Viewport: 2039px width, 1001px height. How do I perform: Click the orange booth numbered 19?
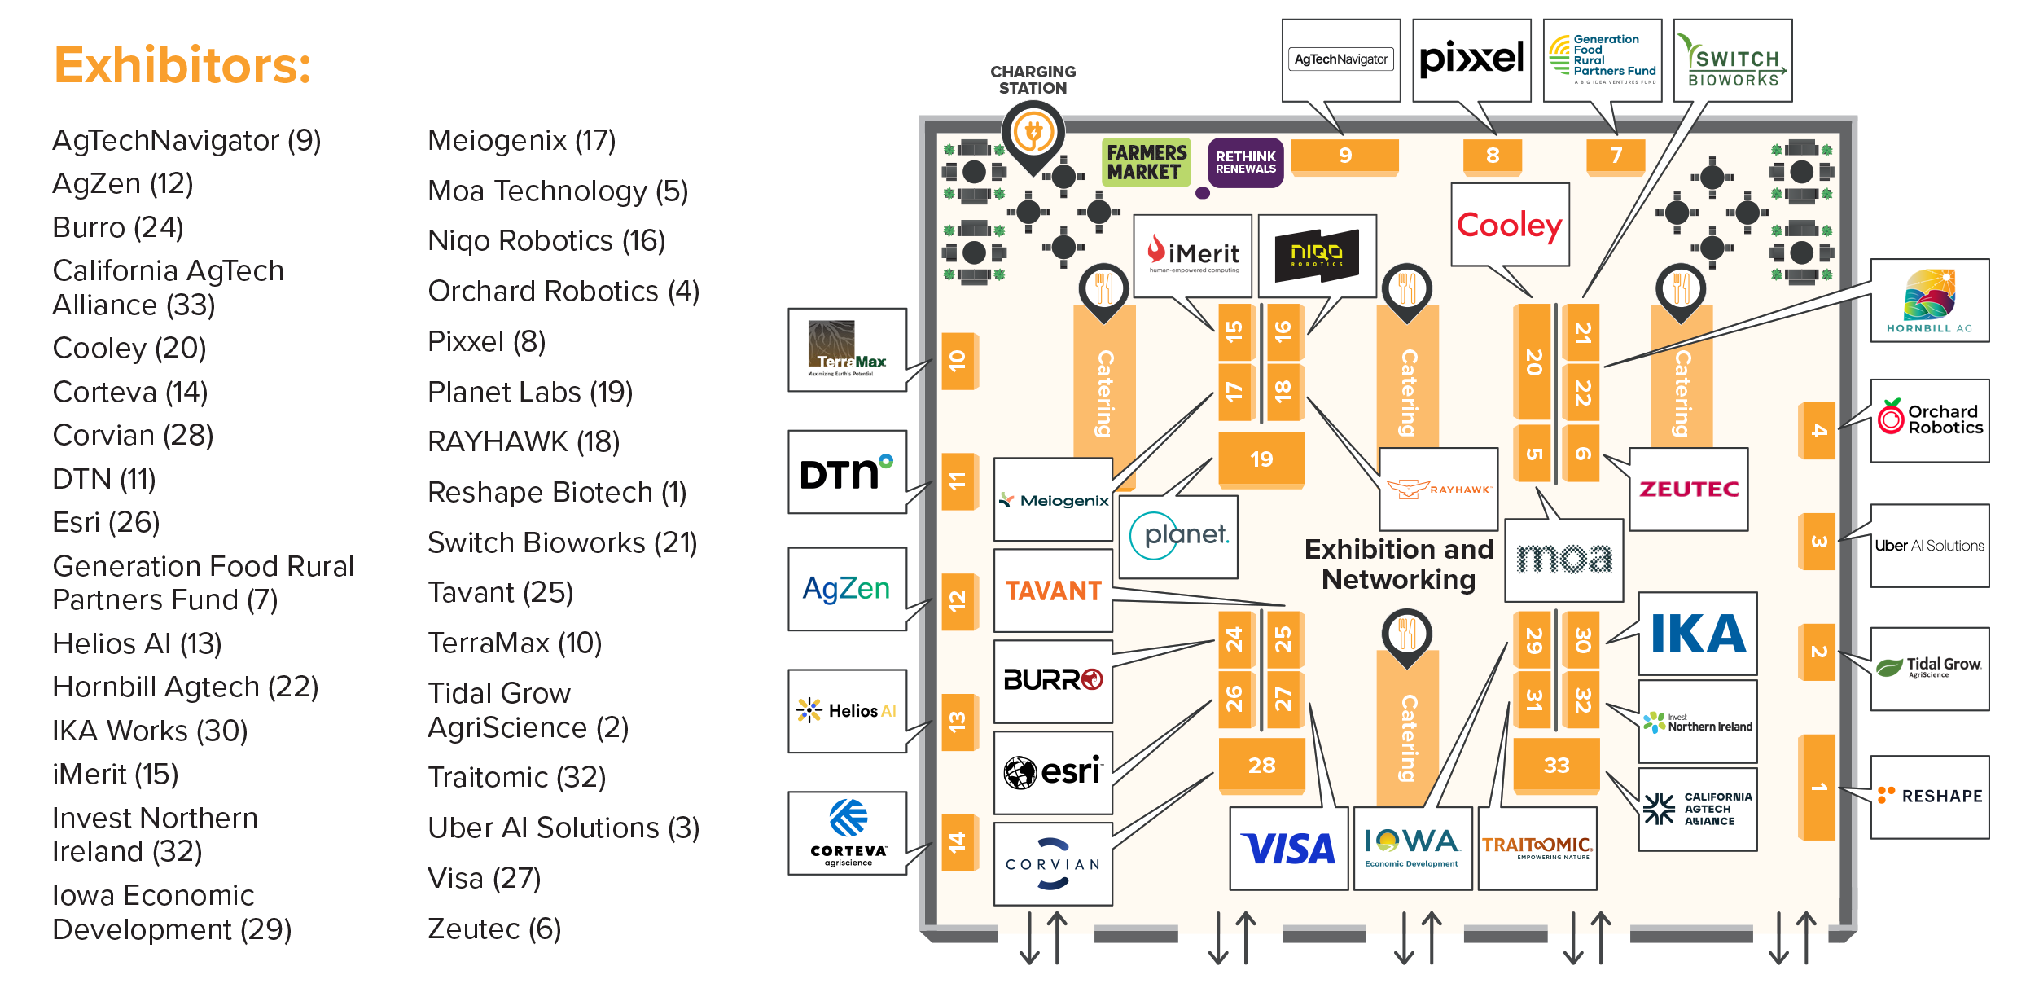coord(1261,459)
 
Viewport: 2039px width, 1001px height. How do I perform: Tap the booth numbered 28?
coord(1261,766)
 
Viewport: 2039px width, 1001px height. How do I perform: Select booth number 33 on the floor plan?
coord(1556,766)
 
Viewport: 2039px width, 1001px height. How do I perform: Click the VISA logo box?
coord(1289,849)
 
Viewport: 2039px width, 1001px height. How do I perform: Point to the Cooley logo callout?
coord(1510,225)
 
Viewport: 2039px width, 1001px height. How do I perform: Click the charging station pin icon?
coord(1033,134)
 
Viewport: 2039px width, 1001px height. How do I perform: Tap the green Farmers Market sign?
coord(1146,162)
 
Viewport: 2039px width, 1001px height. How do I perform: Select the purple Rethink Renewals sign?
coord(1245,162)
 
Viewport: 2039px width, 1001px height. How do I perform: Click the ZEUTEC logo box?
coord(1688,489)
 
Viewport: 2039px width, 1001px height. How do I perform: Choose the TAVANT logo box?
coord(1053,591)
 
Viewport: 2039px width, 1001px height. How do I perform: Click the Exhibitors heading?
coord(182,65)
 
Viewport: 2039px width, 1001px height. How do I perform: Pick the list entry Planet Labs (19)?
coord(530,392)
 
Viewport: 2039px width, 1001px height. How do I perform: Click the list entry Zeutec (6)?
coord(494,929)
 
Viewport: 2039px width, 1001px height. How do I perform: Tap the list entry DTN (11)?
coord(104,479)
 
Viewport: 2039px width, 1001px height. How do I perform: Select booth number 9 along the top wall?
coord(1344,156)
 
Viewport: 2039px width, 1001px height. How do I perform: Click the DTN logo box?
coord(847,472)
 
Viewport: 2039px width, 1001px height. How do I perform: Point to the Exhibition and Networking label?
coord(1398,564)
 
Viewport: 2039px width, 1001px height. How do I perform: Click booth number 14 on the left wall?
coord(958,842)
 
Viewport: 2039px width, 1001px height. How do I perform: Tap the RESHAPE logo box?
coord(1929,797)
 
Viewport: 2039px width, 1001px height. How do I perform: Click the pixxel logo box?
coord(1471,59)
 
